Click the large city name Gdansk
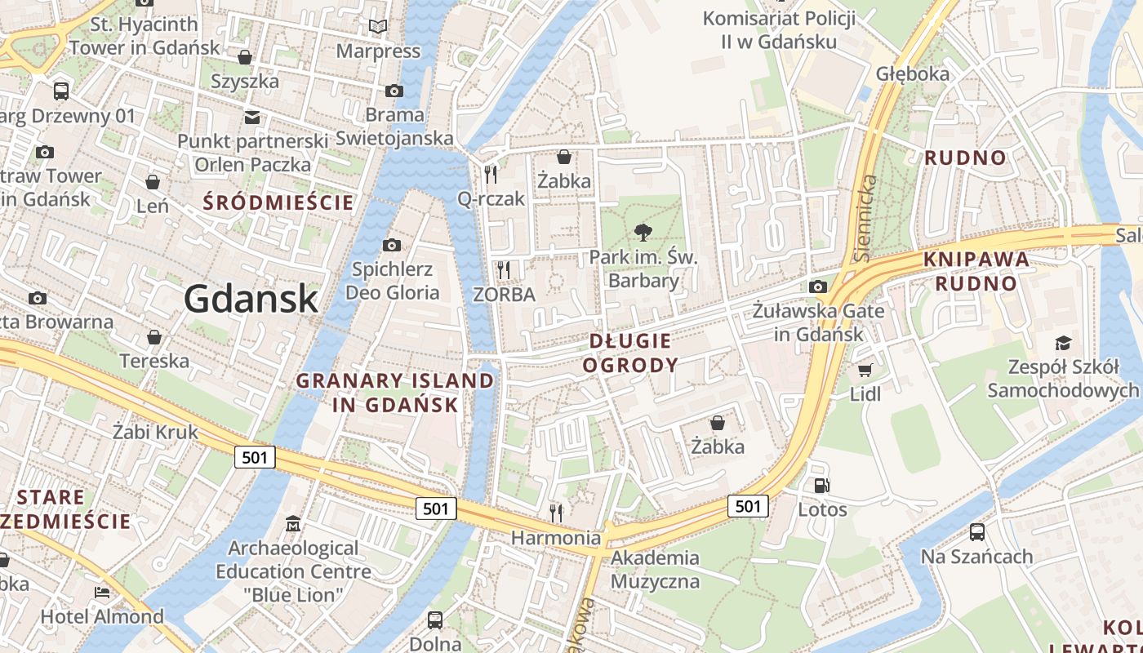coord(251,300)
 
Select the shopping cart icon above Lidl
coord(865,371)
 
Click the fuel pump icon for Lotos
coord(821,486)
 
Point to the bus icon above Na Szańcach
coord(976,532)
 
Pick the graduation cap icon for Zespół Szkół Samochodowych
coord(1062,343)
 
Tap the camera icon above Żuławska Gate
coord(817,287)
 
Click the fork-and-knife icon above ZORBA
coord(504,270)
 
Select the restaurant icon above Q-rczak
coord(491,174)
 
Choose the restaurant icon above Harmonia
coord(556,513)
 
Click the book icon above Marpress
coord(377,27)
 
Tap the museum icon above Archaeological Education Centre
coord(293,523)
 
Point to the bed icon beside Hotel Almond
coord(102,593)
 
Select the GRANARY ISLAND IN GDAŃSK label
coord(395,392)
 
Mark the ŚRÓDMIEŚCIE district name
coord(278,202)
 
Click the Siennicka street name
coord(867,218)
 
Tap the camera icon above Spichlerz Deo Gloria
coord(392,245)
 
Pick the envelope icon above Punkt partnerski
coord(252,117)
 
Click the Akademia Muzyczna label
coord(655,570)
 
